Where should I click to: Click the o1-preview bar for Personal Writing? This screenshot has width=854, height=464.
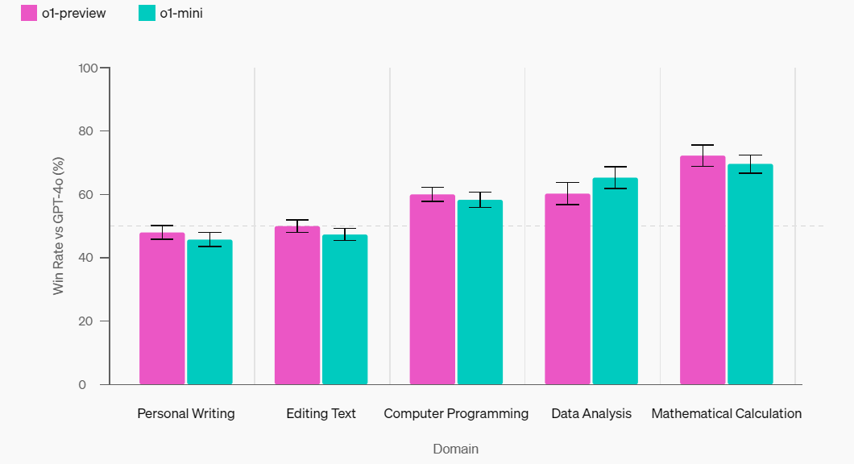162,309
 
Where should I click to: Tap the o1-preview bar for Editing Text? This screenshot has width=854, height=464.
297,306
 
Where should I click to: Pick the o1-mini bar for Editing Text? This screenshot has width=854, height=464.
345,310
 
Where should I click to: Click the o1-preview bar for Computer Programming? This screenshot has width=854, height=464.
433,290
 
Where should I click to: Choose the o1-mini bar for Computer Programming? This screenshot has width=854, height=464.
480,292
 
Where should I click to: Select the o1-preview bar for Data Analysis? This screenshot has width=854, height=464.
567,290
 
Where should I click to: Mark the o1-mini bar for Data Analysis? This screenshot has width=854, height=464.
615,282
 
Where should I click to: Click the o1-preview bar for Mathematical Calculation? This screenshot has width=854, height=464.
703,271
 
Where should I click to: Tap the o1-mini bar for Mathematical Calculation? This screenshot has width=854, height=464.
750,275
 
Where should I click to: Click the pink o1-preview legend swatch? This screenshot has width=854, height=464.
29,13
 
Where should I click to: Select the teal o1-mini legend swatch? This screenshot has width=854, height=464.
147,13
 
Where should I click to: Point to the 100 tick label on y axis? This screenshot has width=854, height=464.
88,68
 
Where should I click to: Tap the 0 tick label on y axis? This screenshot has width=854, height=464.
93,385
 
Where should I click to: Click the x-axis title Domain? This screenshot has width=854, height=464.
455,449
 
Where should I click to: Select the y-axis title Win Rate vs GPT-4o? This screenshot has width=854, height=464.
59,225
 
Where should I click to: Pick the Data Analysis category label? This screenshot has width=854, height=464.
591,414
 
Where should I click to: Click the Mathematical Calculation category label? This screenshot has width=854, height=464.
726,414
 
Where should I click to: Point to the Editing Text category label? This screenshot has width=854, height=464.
321,414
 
